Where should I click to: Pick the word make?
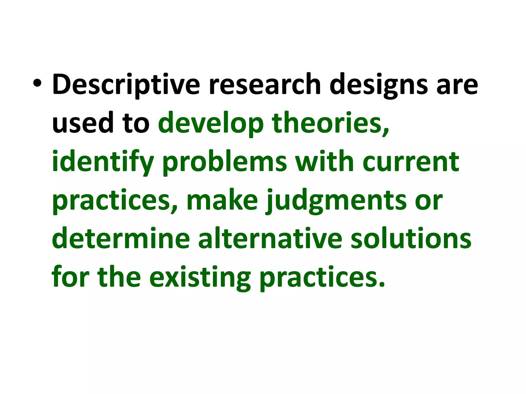point(222,200)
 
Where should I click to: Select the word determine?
point(121,239)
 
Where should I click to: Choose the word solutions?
point(411,239)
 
